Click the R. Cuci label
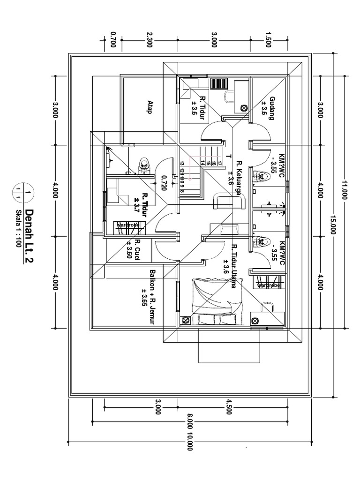(x=137, y=249)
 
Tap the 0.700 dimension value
(x=112, y=40)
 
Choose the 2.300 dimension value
(x=149, y=40)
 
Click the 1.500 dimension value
(x=268, y=40)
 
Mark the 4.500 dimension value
(x=229, y=407)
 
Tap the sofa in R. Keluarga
(x=228, y=202)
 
